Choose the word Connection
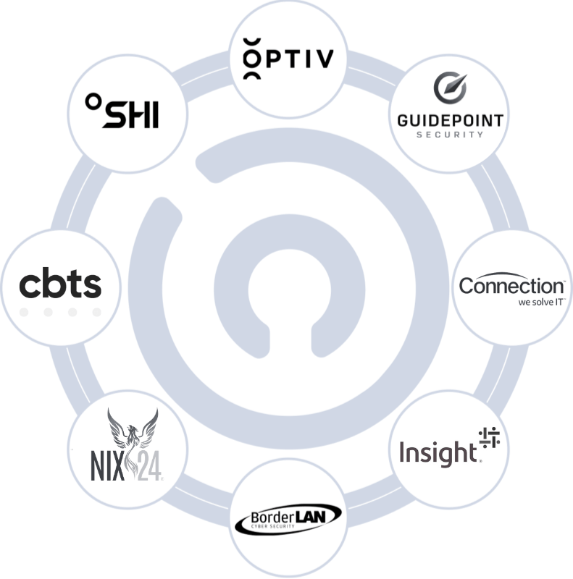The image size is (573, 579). coord(511,284)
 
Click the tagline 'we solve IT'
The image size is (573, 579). coord(535,303)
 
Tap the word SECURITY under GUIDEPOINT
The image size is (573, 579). coord(450,134)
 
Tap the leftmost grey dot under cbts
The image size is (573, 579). coord(25,313)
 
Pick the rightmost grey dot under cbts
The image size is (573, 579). coord(96,313)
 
